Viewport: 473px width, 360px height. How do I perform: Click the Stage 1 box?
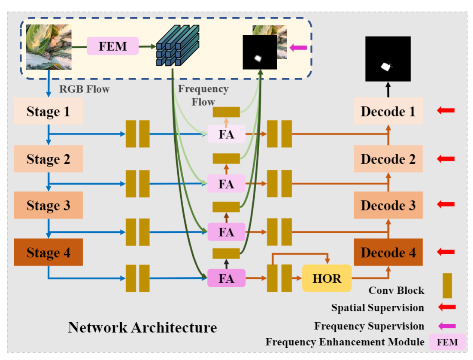(49, 111)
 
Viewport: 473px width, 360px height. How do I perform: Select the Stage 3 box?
(49, 205)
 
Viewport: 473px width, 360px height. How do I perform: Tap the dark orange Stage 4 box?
(49, 252)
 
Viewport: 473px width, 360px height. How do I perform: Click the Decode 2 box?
(388, 159)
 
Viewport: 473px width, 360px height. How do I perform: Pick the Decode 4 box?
(388, 252)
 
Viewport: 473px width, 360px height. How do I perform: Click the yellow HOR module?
(327, 278)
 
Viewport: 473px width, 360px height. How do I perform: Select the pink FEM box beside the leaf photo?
(113, 46)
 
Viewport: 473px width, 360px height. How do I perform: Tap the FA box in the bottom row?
(226, 278)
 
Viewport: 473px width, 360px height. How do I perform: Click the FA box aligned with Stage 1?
(226, 134)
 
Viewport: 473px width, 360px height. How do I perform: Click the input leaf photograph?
(49, 47)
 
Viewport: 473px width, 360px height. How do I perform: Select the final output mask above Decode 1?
(388, 59)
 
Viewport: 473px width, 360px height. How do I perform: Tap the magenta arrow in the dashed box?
(298, 48)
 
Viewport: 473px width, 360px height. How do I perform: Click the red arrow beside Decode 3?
(446, 204)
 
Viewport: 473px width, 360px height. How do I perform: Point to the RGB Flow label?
(85, 90)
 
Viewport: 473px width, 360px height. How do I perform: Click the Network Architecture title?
(142, 328)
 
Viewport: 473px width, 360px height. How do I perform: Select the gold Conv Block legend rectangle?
(447, 286)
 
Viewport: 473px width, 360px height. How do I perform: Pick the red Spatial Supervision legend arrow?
(446, 307)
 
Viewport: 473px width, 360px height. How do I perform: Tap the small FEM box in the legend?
(447, 342)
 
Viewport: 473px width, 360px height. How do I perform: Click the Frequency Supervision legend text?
(369, 326)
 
